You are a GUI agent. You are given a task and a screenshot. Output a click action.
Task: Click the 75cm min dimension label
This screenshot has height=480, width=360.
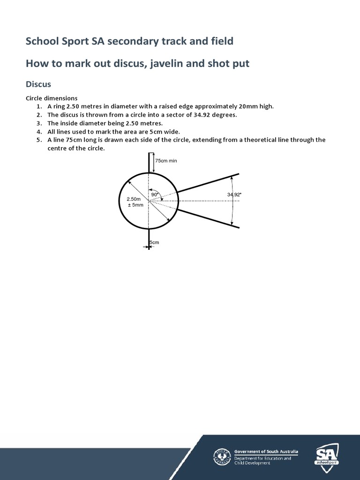pyautogui.click(x=166, y=161)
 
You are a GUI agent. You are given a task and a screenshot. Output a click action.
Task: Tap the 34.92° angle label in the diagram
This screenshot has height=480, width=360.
pyautogui.click(x=234, y=195)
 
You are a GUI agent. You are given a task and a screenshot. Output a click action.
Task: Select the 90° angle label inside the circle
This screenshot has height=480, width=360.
pyautogui.click(x=155, y=195)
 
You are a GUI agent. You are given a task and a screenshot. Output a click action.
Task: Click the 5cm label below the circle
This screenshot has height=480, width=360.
pyautogui.click(x=154, y=242)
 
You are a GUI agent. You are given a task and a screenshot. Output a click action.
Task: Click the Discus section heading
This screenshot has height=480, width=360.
pyautogui.click(x=38, y=84)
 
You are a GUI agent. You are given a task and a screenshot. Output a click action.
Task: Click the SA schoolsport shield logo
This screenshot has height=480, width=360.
pyautogui.click(x=327, y=455)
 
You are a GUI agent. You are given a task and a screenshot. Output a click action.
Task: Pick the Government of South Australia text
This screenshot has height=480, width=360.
pyautogui.click(x=266, y=451)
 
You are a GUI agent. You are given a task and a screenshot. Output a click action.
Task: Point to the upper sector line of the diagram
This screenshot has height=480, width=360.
pyautogui.click(x=208, y=183)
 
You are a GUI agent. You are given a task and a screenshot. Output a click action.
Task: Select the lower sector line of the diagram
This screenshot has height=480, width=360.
pyautogui.click(x=208, y=218)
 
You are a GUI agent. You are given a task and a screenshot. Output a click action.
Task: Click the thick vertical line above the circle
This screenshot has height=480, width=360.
pyautogui.click(x=149, y=163)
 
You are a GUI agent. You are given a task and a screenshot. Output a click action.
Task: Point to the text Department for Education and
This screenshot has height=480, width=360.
pyautogui.click(x=262, y=458)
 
